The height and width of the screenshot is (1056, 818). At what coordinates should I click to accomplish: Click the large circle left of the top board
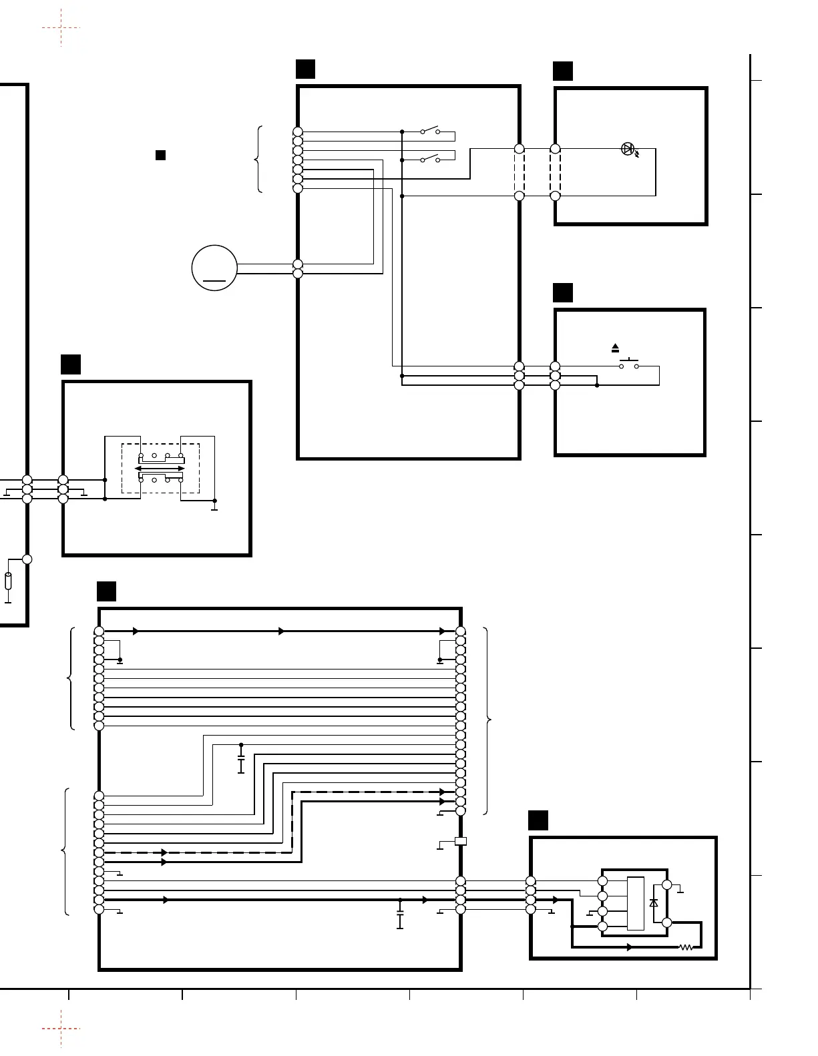pos(214,268)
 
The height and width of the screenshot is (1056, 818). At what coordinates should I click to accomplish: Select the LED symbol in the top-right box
pos(628,149)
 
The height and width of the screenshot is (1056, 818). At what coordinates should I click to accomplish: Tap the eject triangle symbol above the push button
pos(616,348)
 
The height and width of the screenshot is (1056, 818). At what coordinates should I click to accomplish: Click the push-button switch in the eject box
pos(628,364)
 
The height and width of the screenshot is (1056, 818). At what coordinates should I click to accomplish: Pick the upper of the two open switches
pos(430,130)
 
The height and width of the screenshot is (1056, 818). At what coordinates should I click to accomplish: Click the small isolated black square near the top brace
pos(160,156)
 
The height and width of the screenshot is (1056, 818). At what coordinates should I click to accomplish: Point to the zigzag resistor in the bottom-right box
pos(686,947)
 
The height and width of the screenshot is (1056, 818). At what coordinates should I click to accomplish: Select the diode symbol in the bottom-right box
pos(654,902)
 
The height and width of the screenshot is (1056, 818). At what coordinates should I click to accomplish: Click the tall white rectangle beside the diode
pos(636,903)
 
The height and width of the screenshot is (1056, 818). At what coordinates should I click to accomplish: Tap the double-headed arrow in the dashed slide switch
pos(160,469)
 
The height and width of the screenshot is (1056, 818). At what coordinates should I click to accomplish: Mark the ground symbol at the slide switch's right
pos(214,507)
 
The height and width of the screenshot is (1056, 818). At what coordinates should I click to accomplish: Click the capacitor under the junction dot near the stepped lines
pos(241,762)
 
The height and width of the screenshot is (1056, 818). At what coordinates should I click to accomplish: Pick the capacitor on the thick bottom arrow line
pos(400,917)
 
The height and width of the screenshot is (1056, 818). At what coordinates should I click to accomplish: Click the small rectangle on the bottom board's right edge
pos(460,841)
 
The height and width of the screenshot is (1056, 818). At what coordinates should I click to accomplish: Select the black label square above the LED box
pos(563,71)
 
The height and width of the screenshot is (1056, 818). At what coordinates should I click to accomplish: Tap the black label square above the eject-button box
pos(563,293)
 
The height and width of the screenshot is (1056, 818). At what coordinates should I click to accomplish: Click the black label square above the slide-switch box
pos(71,364)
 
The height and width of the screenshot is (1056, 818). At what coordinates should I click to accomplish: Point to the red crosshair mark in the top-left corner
pos(61,28)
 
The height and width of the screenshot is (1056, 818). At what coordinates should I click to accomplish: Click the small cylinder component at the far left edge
pos(8,581)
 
